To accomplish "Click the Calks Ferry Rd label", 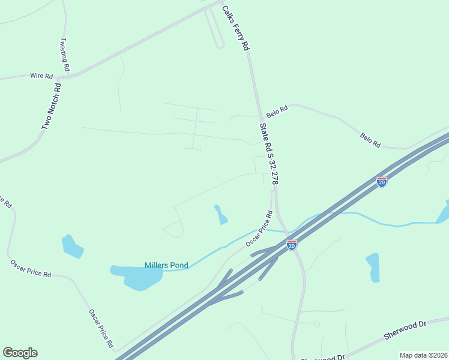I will [235, 28].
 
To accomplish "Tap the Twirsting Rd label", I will [65, 55].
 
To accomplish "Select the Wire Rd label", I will [41, 76].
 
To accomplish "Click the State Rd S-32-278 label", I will [269, 154].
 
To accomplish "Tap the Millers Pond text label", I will [166, 265].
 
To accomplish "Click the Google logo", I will [20, 353].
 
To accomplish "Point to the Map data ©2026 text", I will [423, 355].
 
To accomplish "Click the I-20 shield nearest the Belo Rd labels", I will [382, 181].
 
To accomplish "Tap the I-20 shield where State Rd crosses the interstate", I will [292, 245].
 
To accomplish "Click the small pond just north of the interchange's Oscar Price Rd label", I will [221, 214].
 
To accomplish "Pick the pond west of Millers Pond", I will [72, 246].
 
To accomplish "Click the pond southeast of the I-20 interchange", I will [373, 267].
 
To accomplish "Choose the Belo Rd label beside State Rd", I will [278, 111].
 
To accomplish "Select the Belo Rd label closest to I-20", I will [370, 140].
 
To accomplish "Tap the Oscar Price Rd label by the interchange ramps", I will [259, 229].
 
